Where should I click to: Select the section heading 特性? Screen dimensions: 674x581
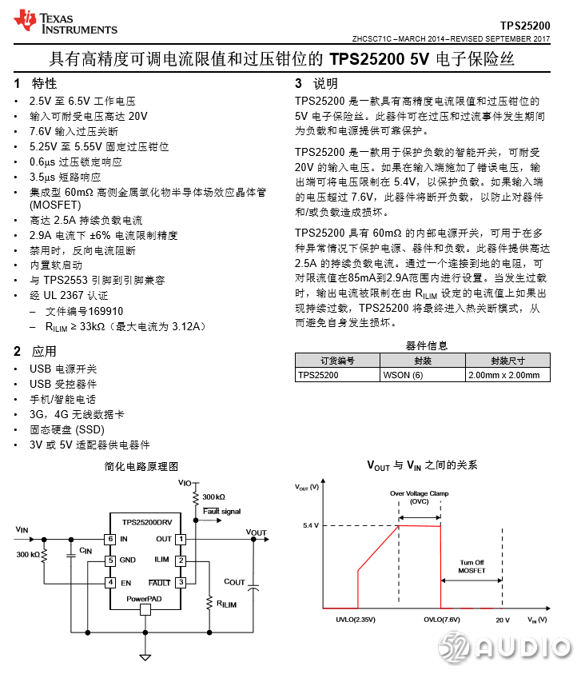(x=44, y=84)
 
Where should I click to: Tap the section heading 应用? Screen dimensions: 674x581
(x=44, y=351)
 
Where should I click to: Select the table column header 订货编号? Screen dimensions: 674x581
(x=337, y=361)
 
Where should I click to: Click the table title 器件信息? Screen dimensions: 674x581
(x=427, y=346)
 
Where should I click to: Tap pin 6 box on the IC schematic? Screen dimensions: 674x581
(x=110, y=539)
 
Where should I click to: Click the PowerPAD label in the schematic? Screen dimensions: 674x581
(x=145, y=598)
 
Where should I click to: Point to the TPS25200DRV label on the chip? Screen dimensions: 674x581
(x=145, y=522)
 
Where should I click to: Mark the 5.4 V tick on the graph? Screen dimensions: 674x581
(x=311, y=525)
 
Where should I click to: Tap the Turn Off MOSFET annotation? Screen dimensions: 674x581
(x=471, y=566)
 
